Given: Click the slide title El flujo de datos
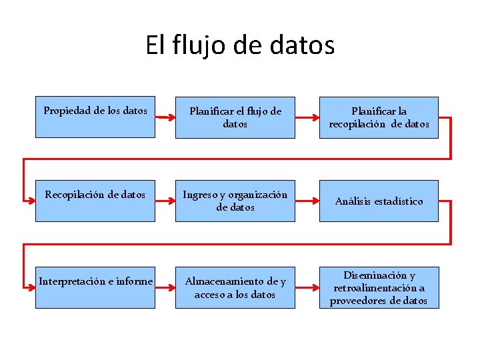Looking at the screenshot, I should tap(240, 45).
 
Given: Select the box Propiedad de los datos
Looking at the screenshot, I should tap(95, 117).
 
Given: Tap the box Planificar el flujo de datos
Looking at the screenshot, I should tap(235, 117).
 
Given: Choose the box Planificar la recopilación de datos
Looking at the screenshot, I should tap(379, 117).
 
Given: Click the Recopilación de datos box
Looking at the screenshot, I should tap(95, 201).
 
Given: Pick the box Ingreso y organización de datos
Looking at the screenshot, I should tap(235, 201).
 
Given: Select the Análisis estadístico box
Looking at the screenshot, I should tap(379, 201).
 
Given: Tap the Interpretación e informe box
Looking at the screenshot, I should tap(95, 287).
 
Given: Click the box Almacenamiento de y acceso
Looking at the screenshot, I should tap(235, 287).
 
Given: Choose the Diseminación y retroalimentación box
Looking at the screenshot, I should tap(379, 287).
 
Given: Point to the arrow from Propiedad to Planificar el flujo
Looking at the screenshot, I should tap(165, 117).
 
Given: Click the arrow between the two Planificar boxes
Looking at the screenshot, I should tap(307, 117).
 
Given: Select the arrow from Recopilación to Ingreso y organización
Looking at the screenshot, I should tap(165, 201).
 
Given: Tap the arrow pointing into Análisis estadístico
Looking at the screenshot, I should tap(307, 201).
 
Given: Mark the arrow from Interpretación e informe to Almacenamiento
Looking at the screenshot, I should tap(165, 287).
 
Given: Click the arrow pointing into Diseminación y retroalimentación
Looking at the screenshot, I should tap(307, 287).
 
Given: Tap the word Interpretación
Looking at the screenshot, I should tap(70, 281).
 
